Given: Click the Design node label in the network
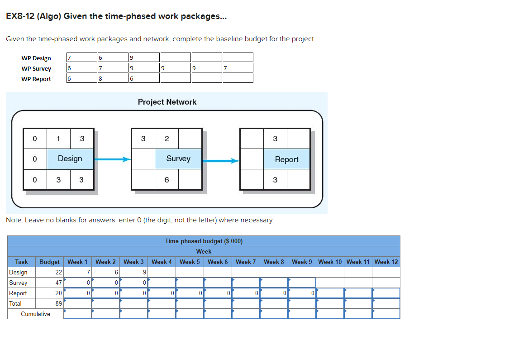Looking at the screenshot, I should (70, 158).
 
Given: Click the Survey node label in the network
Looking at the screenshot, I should (178, 158).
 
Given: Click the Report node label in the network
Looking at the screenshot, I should (286, 159).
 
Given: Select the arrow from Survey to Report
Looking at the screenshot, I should (220, 160).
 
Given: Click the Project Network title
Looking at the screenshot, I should (167, 102).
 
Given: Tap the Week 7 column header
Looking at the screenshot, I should (246, 262).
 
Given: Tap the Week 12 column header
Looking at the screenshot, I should (386, 262).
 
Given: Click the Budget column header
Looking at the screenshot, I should (49, 262).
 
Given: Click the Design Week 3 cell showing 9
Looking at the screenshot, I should (134, 272).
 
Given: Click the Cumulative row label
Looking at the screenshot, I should (35, 314).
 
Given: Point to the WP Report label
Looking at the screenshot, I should (36, 79).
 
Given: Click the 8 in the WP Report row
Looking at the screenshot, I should (100, 78).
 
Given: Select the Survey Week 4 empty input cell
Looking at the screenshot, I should (162, 283).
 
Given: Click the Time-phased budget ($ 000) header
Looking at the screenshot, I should (204, 241).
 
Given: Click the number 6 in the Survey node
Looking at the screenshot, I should (166, 180).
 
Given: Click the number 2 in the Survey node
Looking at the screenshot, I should (166, 139).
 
